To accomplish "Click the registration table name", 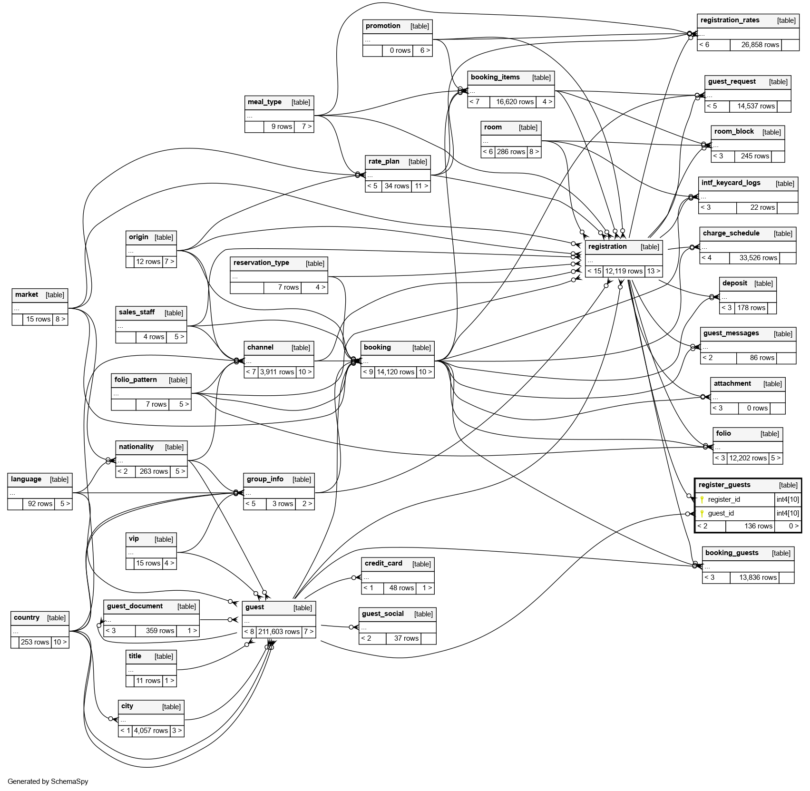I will click(607, 246).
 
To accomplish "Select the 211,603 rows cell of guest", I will click(279, 632).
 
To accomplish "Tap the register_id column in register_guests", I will click(724, 499).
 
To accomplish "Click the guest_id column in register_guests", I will click(721, 513).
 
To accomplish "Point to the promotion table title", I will click(383, 26).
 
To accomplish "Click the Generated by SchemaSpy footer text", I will click(48, 781).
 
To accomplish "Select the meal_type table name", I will click(264, 102).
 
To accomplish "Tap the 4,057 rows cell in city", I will click(151, 731).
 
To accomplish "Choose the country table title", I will click(27, 617).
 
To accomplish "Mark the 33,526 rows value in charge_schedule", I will click(758, 258).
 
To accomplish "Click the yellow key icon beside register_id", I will click(702, 499).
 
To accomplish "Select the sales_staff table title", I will click(137, 312).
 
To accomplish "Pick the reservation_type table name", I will click(261, 263).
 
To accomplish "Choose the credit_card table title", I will click(383, 563).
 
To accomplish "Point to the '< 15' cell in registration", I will click(594, 271).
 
